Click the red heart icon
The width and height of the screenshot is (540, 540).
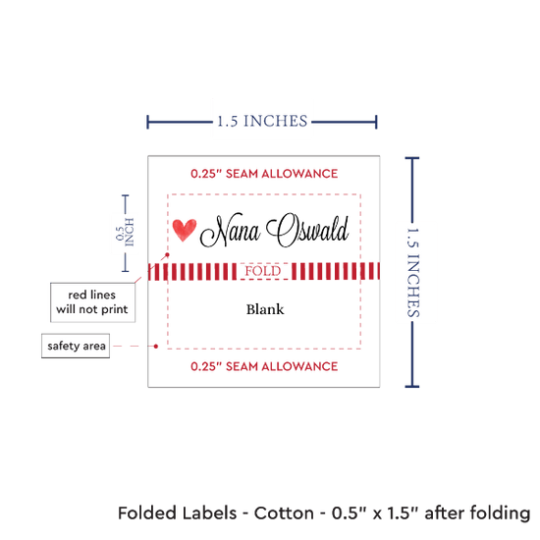pyautogui.click(x=185, y=230)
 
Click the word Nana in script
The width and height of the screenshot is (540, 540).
pyautogui.click(x=230, y=230)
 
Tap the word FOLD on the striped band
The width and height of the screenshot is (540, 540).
pyautogui.click(x=263, y=271)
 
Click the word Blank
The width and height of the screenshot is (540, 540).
pyautogui.click(x=265, y=309)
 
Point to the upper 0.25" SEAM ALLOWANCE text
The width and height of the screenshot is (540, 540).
pyautogui.click(x=264, y=174)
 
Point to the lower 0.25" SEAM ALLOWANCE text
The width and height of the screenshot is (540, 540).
pyautogui.click(x=264, y=366)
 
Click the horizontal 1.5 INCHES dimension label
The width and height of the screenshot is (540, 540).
pyautogui.click(x=262, y=121)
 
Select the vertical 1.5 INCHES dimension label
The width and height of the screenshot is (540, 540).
pyautogui.click(x=412, y=272)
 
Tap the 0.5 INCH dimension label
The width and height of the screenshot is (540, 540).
pyautogui.click(x=125, y=233)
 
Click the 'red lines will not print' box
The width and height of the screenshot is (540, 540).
pyautogui.click(x=92, y=302)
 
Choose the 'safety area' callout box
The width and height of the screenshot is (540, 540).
pyautogui.click(x=76, y=346)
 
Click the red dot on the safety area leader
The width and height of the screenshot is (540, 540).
pyautogui.click(x=156, y=347)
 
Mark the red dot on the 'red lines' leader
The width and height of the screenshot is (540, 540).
pyautogui.click(x=167, y=255)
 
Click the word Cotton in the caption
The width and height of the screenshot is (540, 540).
pyautogui.click(x=284, y=513)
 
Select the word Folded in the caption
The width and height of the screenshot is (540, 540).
pyautogui.click(x=147, y=513)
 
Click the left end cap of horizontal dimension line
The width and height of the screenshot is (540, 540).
pyautogui.click(x=147, y=122)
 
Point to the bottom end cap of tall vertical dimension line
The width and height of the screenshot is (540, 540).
pyautogui.click(x=412, y=387)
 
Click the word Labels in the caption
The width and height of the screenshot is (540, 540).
pyautogui.click(x=209, y=513)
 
